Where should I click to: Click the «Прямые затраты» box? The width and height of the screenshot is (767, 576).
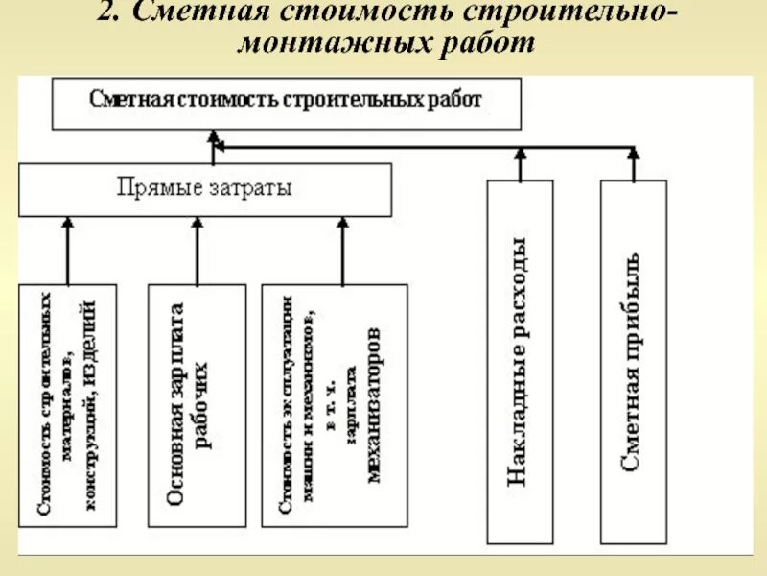pyautogui.click(x=204, y=189)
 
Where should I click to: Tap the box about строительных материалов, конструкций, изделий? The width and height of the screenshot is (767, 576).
pyautogui.click(x=67, y=403)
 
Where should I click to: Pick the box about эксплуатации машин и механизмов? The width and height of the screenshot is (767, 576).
pyautogui.click(x=334, y=403)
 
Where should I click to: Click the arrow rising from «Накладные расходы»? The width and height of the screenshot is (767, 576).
pyautogui.click(x=520, y=164)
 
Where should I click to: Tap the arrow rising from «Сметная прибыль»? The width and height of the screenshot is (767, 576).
pyautogui.click(x=634, y=164)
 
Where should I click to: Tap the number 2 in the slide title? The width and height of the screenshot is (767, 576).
pyautogui.click(x=105, y=14)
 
